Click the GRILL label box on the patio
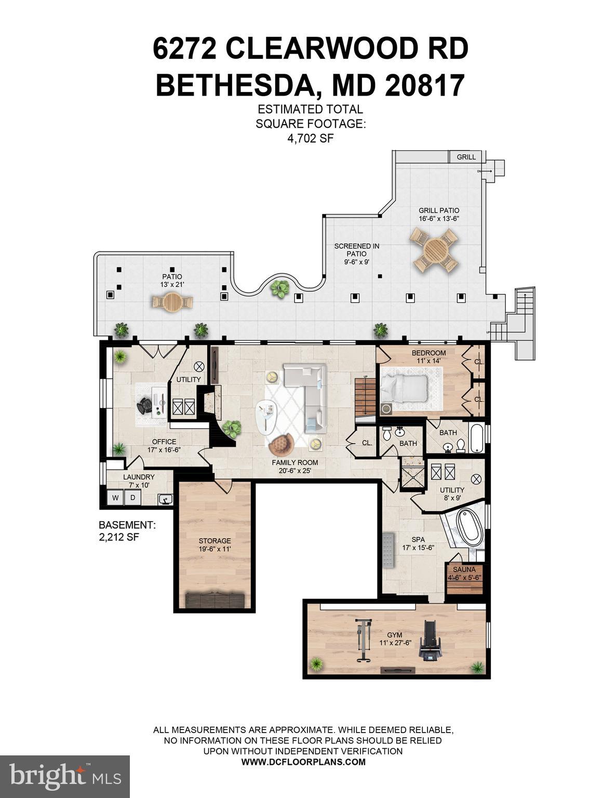[x=466, y=157]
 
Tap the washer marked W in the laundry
[x=115, y=498]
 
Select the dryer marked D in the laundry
[x=132, y=498]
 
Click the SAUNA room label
[x=464, y=570]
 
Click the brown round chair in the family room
[x=282, y=444]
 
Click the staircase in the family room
[x=365, y=396]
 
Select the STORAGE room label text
[x=215, y=541]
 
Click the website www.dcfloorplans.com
[x=303, y=762]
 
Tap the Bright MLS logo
[x=65, y=777]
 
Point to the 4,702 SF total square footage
[x=310, y=138]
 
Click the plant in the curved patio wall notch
[x=280, y=288]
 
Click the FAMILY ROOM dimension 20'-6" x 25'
[x=294, y=471]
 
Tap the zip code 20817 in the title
[x=424, y=86]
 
